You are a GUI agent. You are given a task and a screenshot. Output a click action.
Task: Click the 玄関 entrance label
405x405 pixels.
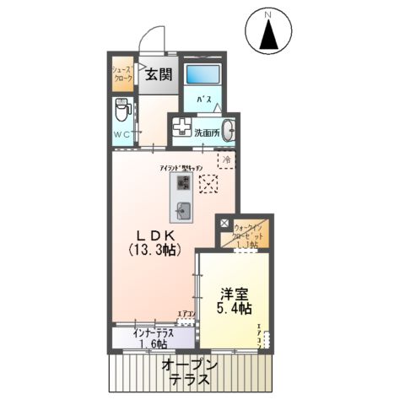[157, 73]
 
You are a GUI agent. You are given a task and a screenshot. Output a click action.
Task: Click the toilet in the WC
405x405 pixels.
[122, 110]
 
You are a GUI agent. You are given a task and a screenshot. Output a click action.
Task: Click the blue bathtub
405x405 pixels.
[202, 73]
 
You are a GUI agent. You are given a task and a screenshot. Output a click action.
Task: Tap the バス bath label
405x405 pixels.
[203, 100]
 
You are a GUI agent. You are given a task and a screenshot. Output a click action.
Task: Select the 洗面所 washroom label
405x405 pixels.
[206, 132]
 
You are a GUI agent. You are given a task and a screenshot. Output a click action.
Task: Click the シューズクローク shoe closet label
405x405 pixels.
[123, 74]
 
